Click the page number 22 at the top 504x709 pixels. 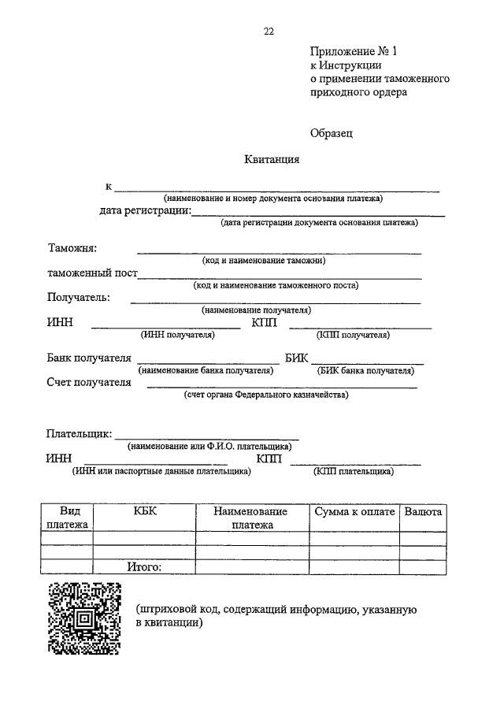pos(269,32)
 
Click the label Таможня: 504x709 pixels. pos(72,249)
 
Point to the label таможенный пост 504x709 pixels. pos(92,273)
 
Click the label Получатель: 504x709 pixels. pos(78,297)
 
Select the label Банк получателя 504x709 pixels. pos(88,358)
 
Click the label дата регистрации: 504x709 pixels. pos(145,210)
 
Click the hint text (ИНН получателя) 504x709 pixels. pos(177,335)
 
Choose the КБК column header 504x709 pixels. pos(145,512)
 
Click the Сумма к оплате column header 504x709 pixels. pos(354,512)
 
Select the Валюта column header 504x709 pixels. pos(423,512)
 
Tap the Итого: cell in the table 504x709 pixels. pos(145,567)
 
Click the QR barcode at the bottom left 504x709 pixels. pos(84,618)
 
